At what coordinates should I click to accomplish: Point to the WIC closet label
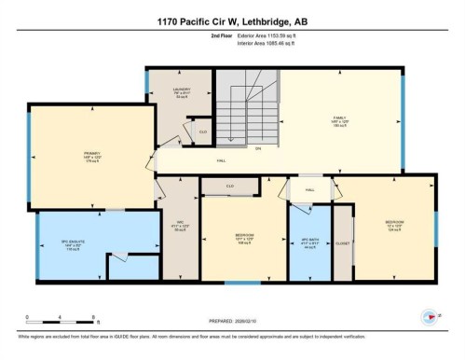click(182, 227)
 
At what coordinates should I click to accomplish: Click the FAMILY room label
click(339, 120)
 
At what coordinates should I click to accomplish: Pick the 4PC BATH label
click(308, 244)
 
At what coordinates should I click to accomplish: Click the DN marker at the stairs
click(259, 149)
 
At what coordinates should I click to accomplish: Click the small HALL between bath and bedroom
click(309, 188)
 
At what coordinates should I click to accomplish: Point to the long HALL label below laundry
click(221, 161)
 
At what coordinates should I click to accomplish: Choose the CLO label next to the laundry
click(202, 132)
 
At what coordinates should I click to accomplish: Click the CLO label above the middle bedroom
click(230, 186)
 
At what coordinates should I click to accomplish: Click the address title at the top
click(233, 19)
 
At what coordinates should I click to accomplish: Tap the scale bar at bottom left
click(50, 314)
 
